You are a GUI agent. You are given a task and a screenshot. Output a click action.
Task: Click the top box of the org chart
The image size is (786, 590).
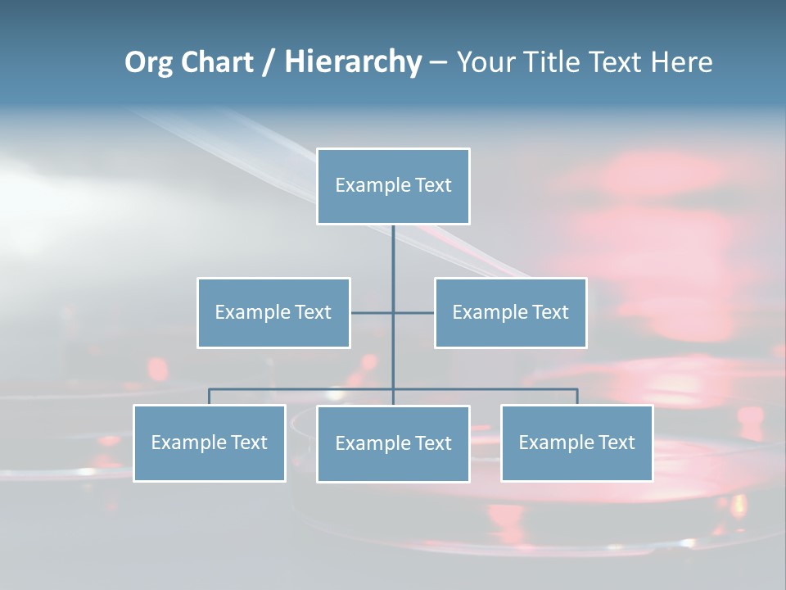[393, 186]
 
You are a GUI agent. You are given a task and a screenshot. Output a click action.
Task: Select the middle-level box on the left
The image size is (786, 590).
[273, 312]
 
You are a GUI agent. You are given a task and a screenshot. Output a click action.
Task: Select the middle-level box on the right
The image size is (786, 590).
[510, 312]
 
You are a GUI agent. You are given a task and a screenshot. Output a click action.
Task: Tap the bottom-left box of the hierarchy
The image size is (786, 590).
[210, 442]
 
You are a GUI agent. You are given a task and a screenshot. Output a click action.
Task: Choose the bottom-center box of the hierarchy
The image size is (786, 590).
[393, 443]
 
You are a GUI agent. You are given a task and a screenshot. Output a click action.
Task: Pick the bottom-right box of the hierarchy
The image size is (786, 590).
[576, 442]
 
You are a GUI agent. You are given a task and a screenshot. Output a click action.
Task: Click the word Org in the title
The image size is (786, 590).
[148, 62]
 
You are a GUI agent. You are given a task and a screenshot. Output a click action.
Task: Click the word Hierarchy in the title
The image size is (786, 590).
[352, 62]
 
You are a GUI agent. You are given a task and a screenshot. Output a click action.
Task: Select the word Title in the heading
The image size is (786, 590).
[556, 62]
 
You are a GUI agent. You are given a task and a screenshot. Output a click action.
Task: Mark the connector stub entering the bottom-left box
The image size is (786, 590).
[210, 397]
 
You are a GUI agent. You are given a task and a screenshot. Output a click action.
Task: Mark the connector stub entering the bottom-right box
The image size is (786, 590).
[576, 397]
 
